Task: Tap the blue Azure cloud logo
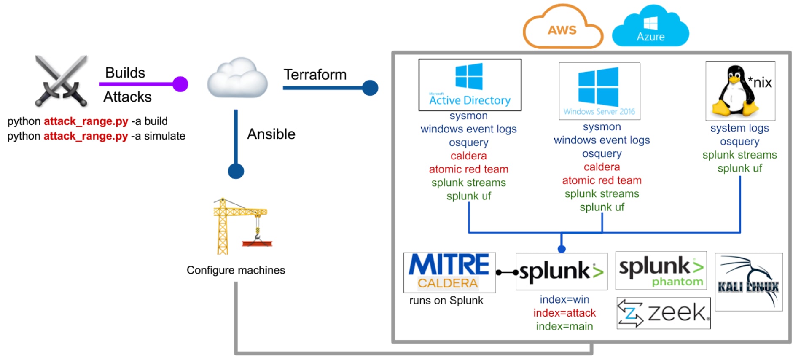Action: (650, 26)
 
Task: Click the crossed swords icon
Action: (62, 81)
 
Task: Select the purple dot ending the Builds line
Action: (180, 84)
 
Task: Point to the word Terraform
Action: (315, 75)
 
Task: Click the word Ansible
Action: (271, 134)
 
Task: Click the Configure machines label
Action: (236, 270)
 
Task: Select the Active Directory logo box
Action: (470, 85)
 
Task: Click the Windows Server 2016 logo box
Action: (599, 91)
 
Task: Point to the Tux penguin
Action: (735, 91)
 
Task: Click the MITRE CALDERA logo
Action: (449, 272)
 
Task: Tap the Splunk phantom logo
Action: (661, 271)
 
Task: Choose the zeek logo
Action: (664, 313)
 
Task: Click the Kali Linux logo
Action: (749, 282)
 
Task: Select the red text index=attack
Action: (564, 313)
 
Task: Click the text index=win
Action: (564, 299)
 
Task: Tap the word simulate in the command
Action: (165, 136)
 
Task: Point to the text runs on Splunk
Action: (446, 301)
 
